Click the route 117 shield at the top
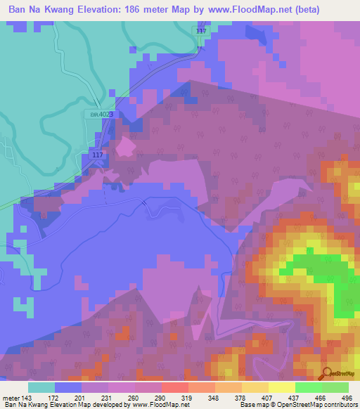[x=202, y=32]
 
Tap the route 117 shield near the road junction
[x=98, y=155]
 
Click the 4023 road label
[x=101, y=114]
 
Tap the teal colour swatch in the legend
[x=41, y=387]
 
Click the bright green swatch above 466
[x=308, y=387]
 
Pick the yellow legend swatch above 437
[x=281, y=387]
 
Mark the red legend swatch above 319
[x=174, y=387]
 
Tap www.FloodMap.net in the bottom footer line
[x=155, y=405]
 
